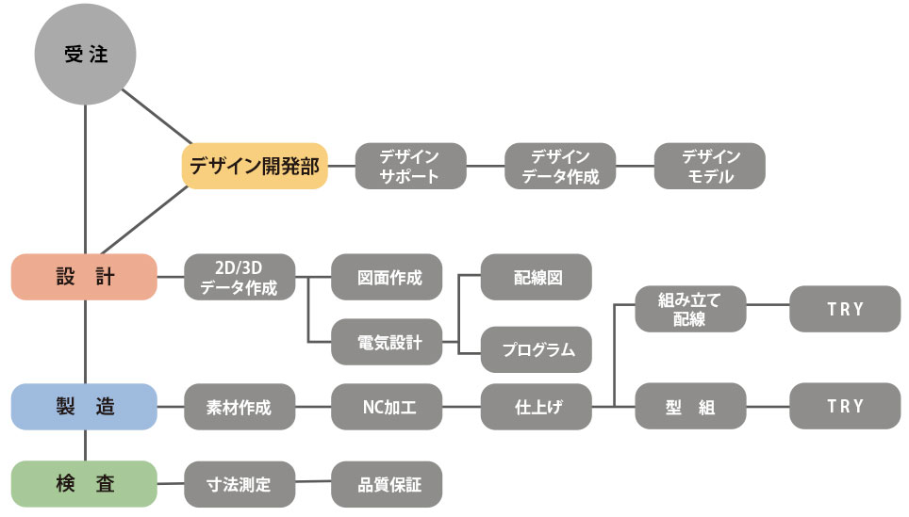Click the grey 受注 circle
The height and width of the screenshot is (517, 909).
click(86, 55)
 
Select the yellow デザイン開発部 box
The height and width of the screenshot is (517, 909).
click(255, 166)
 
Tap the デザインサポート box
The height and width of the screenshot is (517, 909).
click(410, 166)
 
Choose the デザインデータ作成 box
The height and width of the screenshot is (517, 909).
click(560, 166)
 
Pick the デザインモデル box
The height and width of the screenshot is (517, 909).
click(709, 166)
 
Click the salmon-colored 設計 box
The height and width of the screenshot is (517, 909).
click(84, 277)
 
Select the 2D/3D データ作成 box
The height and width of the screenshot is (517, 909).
click(240, 277)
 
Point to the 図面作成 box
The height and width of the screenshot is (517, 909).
click(387, 277)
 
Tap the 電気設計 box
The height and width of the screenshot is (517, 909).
click(387, 342)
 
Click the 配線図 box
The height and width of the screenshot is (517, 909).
click(537, 277)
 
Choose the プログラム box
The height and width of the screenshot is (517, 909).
click(537, 349)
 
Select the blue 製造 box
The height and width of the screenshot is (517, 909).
click(84, 407)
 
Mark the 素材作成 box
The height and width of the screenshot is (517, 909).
click(240, 407)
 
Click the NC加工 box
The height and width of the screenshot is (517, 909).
click(387, 407)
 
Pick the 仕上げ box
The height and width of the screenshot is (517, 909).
click(537, 407)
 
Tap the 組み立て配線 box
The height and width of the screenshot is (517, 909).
click(690, 309)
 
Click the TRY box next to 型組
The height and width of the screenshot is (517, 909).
click(845, 407)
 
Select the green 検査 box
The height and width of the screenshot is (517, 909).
click(84, 484)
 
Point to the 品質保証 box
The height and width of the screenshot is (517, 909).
click(387, 484)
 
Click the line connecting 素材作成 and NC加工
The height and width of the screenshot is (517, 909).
click(313, 407)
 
